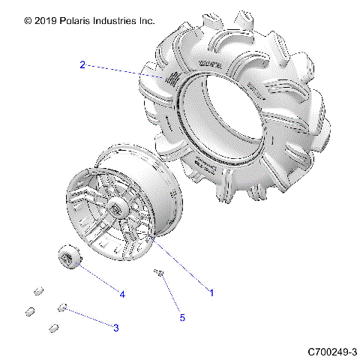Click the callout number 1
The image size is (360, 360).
tap(211, 293)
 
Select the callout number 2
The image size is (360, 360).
tap(82, 64)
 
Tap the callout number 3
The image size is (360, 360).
tap(115, 328)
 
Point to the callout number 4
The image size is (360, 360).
tap(121, 293)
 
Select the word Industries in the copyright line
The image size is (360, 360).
tap(112, 21)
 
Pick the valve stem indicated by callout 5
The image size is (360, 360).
tap(159, 273)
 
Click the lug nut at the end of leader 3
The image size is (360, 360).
tap(64, 307)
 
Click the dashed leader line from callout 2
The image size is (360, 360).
tap(120, 72)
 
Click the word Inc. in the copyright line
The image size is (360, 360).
tap(145, 21)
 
